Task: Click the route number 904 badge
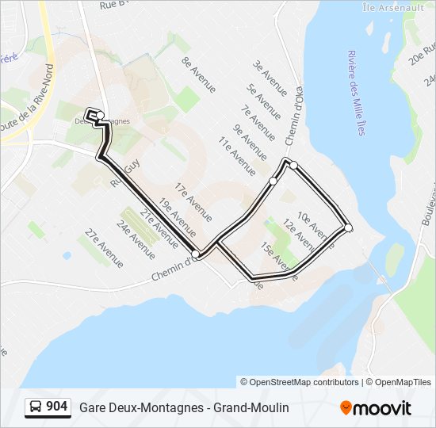[x=48, y=407]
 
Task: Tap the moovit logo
[x=376, y=408]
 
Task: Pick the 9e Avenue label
[x=248, y=141]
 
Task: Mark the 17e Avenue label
[x=193, y=202]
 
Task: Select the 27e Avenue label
[x=104, y=247]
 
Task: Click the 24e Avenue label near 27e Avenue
[x=136, y=240]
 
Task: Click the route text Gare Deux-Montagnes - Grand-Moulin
[x=184, y=407]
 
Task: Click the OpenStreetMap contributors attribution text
[x=300, y=382]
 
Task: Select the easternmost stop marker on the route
[x=348, y=228]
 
